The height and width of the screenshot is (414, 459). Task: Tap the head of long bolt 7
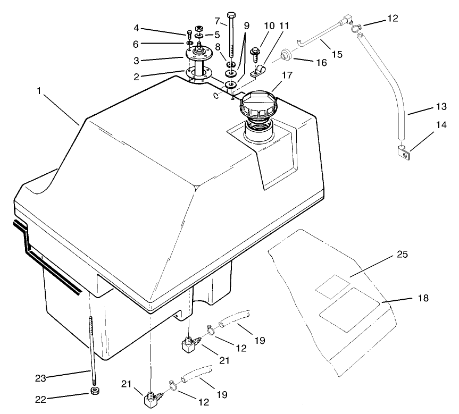[231, 14]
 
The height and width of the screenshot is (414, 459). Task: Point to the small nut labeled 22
[95, 393]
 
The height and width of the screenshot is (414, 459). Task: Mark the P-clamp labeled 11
[257, 70]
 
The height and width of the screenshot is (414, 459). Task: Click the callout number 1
[39, 91]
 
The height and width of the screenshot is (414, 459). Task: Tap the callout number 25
[402, 255]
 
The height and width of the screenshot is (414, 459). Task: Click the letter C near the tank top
[215, 96]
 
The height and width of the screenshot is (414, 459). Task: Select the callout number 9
[246, 25]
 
